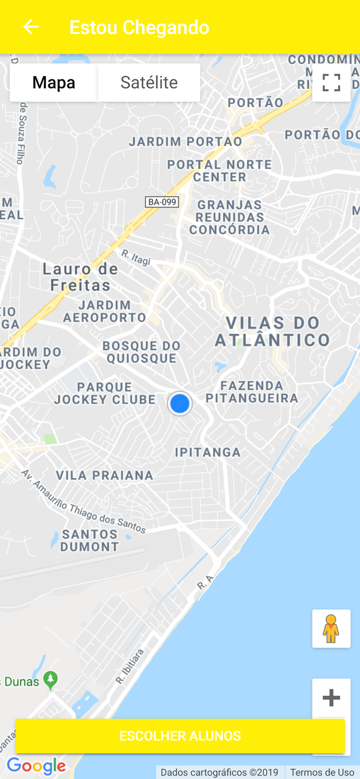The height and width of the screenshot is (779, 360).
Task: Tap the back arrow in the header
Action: pos(31,27)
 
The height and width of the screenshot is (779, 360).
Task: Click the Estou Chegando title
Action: pos(139,28)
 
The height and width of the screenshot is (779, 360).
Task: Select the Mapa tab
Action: pos(54,83)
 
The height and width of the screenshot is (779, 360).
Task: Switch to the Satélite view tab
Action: pos(149,83)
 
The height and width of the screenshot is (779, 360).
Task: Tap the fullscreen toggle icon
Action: pos(331,83)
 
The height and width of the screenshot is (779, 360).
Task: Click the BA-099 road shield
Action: pos(162,202)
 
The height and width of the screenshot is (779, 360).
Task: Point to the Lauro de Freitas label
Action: pos(80,277)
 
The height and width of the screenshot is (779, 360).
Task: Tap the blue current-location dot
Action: pos(180,404)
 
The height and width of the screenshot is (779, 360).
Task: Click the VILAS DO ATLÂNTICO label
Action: pos(273,331)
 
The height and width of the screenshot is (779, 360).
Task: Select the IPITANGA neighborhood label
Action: pos(208,452)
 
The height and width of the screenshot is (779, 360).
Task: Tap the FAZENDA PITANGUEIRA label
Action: pos(252,392)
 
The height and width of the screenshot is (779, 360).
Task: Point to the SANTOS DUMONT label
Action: pos(90,540)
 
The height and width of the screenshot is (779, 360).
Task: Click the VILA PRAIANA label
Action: pos(104,475)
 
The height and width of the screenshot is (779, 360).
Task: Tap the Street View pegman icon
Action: pos(331,628)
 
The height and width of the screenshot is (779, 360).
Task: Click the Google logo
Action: pos(36,766)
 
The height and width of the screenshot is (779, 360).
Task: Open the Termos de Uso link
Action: pos(322,773)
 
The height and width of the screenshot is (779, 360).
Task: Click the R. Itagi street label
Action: pos(136,257)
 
